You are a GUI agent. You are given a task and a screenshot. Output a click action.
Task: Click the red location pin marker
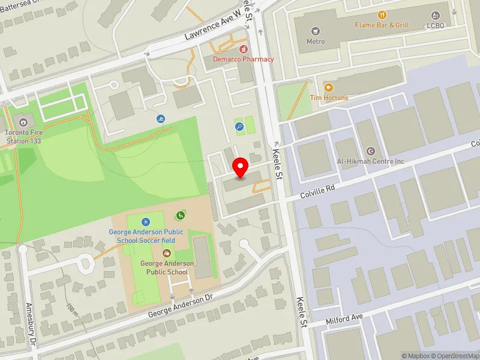(241, 168)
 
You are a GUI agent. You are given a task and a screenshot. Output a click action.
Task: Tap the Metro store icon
(316, 31)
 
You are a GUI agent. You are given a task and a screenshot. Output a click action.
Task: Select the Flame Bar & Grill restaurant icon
(382, 15)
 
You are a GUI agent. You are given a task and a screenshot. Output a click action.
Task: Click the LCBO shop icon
(434, 16)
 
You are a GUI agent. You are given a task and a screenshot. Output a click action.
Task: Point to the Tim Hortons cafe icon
(328, 88)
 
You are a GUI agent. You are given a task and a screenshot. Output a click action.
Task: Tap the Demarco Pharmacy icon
(243, 49)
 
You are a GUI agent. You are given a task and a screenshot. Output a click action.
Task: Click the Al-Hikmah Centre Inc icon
(370, 151)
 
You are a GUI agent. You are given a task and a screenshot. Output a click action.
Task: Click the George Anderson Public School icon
(167, 253)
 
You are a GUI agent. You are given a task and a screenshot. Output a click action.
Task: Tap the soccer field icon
(146, 222)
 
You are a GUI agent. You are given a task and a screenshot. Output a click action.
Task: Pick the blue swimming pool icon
(160, 119)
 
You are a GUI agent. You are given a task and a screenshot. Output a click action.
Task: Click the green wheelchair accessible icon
(179, 215)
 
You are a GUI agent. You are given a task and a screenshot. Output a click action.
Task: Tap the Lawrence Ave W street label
(212, 27)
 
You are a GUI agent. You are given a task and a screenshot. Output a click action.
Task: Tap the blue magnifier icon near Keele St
(239, 126)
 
